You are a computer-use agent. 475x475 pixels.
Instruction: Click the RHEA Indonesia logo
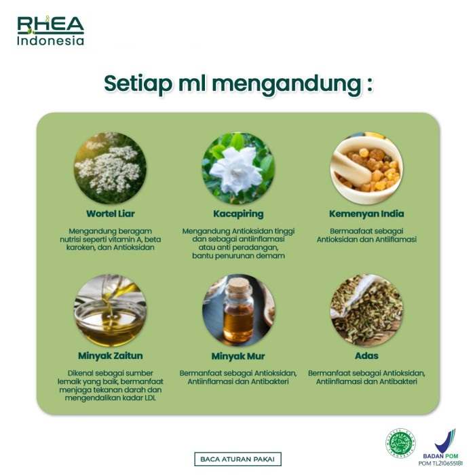(51, 31)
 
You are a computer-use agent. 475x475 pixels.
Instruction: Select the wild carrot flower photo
(110, 168)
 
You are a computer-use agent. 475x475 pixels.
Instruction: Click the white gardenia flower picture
(237, 168)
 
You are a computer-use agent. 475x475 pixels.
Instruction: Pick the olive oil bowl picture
(110, 310)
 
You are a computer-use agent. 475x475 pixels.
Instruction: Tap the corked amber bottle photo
(238, 310)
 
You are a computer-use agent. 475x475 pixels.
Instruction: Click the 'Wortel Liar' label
(110, 214)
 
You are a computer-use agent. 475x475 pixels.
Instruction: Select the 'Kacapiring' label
(237, 214)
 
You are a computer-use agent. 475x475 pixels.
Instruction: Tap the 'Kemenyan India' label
(366, 214)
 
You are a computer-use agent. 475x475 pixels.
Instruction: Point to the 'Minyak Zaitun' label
(110, 356)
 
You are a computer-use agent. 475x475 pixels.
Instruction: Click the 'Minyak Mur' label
(237, 356)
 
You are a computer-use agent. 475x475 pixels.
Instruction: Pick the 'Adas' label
(366, 356)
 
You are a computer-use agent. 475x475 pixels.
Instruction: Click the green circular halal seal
(402, 444)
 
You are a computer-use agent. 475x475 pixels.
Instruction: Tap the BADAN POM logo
(444, 444)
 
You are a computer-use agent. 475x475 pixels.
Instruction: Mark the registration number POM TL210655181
(444, 463)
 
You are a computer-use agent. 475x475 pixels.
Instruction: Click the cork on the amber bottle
(238, 287)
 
